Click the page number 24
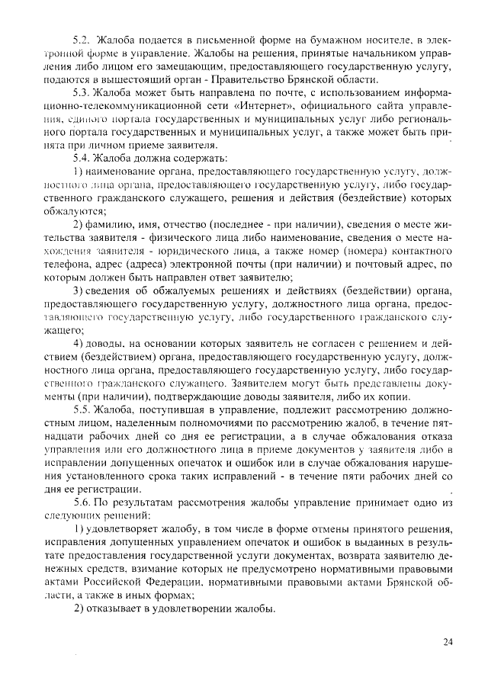click(x=448, y=642)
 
